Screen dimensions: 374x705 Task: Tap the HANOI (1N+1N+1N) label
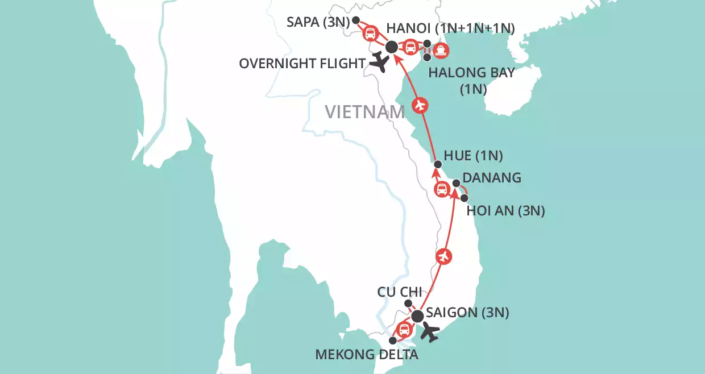[450, 29]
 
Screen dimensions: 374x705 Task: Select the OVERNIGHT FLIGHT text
[301, 63]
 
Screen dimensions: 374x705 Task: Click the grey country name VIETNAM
[364, 112]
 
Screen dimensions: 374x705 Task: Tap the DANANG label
[492, 177]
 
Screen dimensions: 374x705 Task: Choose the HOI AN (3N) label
[505, 211]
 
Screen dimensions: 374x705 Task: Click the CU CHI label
[400, 292]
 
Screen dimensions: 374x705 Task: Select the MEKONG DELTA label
[367, 356]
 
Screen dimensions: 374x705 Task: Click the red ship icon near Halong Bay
[441, 51]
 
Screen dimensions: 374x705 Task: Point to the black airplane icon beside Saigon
[431, 332]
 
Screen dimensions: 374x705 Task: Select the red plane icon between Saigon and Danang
[444, 256]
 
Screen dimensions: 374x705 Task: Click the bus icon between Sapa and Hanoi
[370, 34]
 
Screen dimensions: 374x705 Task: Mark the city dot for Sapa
[356, 20]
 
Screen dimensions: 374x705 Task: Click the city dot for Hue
[437, 165]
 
